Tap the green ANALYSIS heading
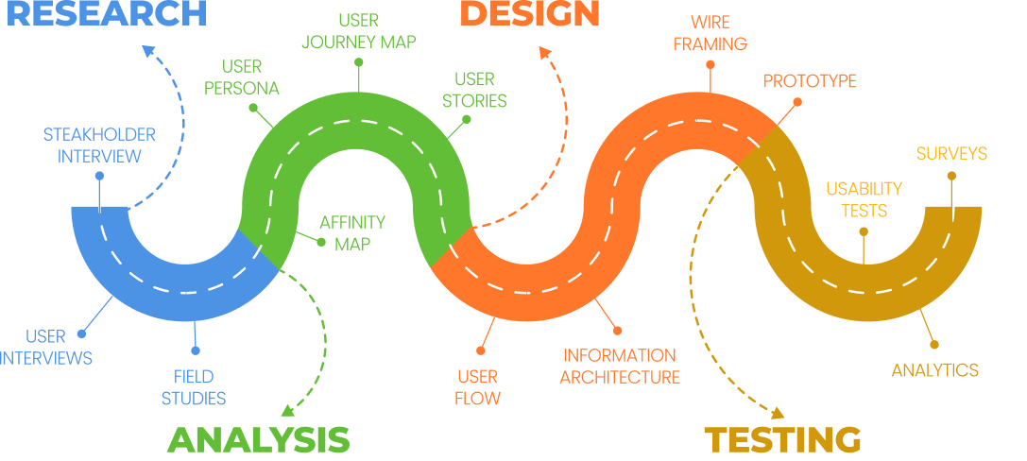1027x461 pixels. point(259,440)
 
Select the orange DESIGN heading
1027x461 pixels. point(530,13)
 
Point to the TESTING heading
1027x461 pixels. point(783,440)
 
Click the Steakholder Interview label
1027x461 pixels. point(99,145)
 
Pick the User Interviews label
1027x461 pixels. point(45,347)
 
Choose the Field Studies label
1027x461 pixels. point(194,386)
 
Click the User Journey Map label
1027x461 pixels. point(359,30)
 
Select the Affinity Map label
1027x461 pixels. point(351,232)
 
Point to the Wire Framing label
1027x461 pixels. point(710,32)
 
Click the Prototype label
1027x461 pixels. point(810,81)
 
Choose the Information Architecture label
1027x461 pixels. point(620,367)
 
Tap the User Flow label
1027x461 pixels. point(477,386)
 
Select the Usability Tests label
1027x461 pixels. point(864,199)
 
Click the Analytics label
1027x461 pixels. point(935,370)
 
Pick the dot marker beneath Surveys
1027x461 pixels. point(951,176)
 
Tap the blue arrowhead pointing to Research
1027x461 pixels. point(149,50)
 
